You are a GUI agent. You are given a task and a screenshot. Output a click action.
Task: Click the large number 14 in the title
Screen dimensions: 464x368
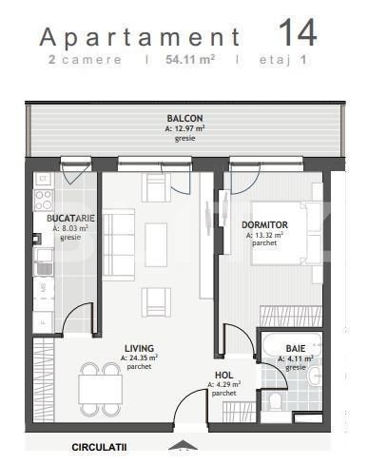pos(298,32)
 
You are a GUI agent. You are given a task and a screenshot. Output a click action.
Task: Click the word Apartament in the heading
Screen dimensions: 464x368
pos(139,37)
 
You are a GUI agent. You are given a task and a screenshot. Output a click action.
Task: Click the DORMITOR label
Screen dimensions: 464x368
pos(265,224)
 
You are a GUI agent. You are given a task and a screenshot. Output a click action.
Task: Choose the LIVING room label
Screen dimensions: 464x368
pos(139,348)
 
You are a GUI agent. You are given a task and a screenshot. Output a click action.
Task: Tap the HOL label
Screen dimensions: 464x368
pos(223,375)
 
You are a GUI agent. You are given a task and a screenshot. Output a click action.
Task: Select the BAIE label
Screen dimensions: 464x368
pos(296,348)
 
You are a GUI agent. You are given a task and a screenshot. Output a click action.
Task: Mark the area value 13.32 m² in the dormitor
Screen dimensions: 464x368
pos(266,234)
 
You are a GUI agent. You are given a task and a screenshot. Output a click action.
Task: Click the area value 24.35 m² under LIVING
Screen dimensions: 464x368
pos(140,358)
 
